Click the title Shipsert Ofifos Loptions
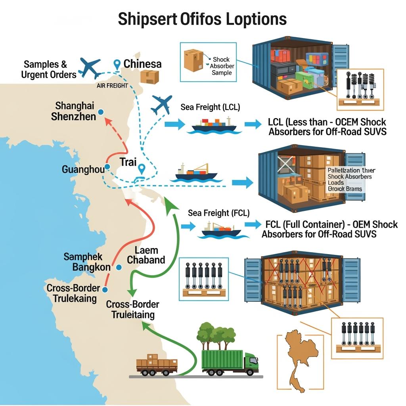coord(202,19)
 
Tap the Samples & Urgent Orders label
coord(50,69)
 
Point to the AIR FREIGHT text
coord(112,85)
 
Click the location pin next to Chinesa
coord(117,65)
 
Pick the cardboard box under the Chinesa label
coord(149,77)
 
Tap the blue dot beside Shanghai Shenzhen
coord(100,112)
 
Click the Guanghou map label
coord(83,170)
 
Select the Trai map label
coord(128,162)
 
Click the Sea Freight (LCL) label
coord(210,107)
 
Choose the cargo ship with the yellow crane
coord(196,172)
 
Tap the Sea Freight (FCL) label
coord(218,213)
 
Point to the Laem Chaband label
coord(146,255)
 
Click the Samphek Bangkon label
coord(87,262)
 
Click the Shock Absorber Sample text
coord(222,66)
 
